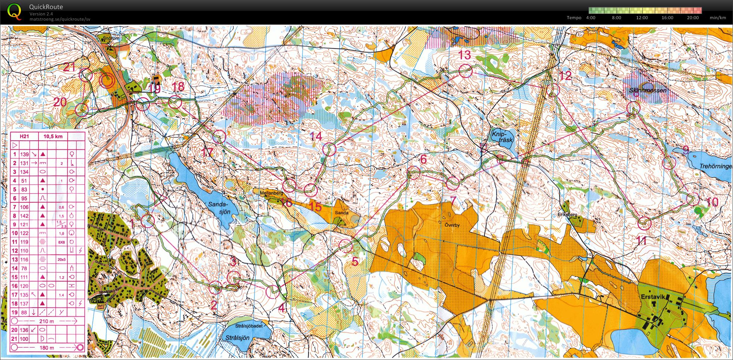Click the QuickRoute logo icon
coord(14,12)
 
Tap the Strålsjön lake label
coord(237,338)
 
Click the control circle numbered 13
coord(465,71)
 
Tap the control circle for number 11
coord(644,223)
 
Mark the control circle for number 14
coord(329,149)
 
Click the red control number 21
coord(69,67)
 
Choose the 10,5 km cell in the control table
coord(53,136)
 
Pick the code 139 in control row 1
coord(24,154)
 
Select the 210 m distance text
coord(47,321)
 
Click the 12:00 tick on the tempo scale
coord(642,18)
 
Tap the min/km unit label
coord(718,18)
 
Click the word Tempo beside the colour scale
coord(574,18)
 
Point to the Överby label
coord(452,225)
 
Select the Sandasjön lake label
coord(218,208)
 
